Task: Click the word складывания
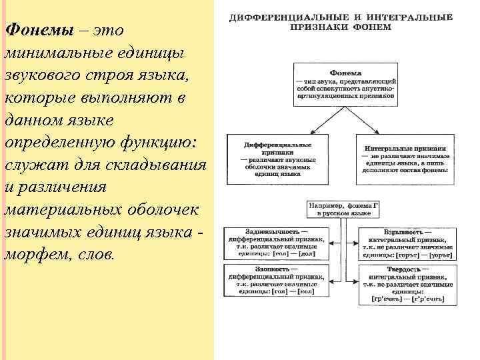coord(147,165)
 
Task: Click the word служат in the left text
coord(33,165)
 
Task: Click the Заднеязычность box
coord(276,242)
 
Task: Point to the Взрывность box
coord(407,242)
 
